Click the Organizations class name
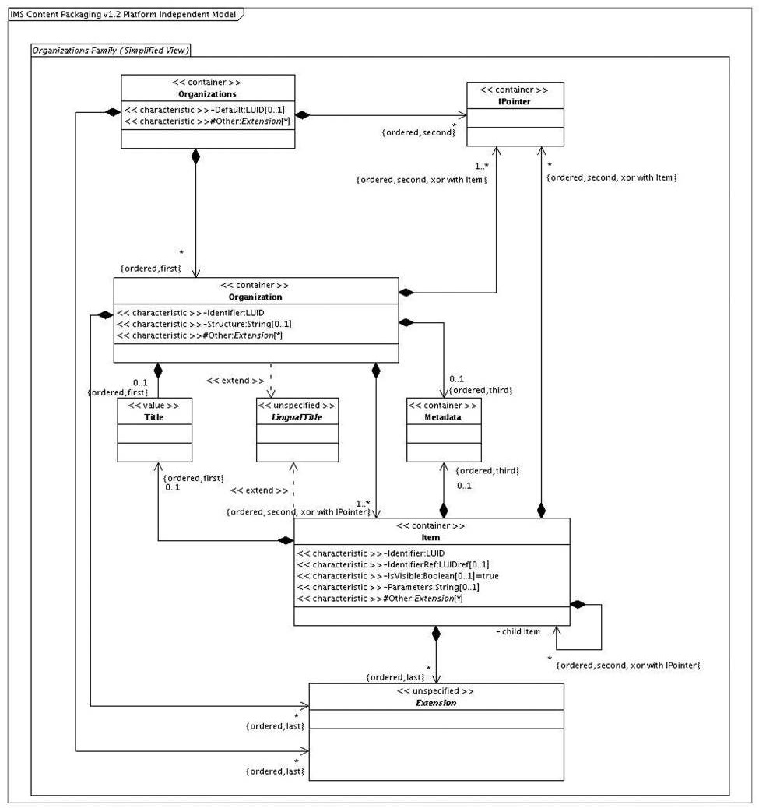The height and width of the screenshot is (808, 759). coord(207,94)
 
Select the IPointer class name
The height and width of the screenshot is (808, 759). coord(515,101)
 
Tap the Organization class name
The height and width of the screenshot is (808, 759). coord(255,297)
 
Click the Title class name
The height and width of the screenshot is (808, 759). coord(154,417)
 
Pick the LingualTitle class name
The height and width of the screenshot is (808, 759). coord(297,417)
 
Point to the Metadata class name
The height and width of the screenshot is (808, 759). coord(443,417)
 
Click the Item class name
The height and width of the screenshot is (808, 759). coord(430,537)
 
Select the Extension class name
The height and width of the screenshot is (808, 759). coord(436,703)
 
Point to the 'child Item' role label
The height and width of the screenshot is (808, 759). coord(518,632)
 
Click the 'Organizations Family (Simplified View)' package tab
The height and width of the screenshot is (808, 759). coord(111,50)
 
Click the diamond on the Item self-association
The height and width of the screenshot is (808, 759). coord(578,605)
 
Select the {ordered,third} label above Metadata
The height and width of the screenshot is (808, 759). coord(481,391)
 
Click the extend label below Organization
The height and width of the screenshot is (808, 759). coord(235,381)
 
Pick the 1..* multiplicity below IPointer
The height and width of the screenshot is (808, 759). coord(482,167)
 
